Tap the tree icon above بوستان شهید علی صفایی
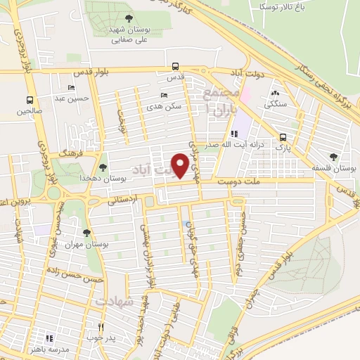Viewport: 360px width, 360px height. point(127,18)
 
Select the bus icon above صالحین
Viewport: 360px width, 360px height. point(30,99)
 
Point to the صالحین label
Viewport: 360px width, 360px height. point(30,111)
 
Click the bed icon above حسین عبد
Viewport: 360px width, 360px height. point(71,87)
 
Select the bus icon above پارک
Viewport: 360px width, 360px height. point(283,138)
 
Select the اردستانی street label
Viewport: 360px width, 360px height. point(124,199)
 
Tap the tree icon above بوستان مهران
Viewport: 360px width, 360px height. point(87,233)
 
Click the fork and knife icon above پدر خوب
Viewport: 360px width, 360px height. point(101,327)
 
